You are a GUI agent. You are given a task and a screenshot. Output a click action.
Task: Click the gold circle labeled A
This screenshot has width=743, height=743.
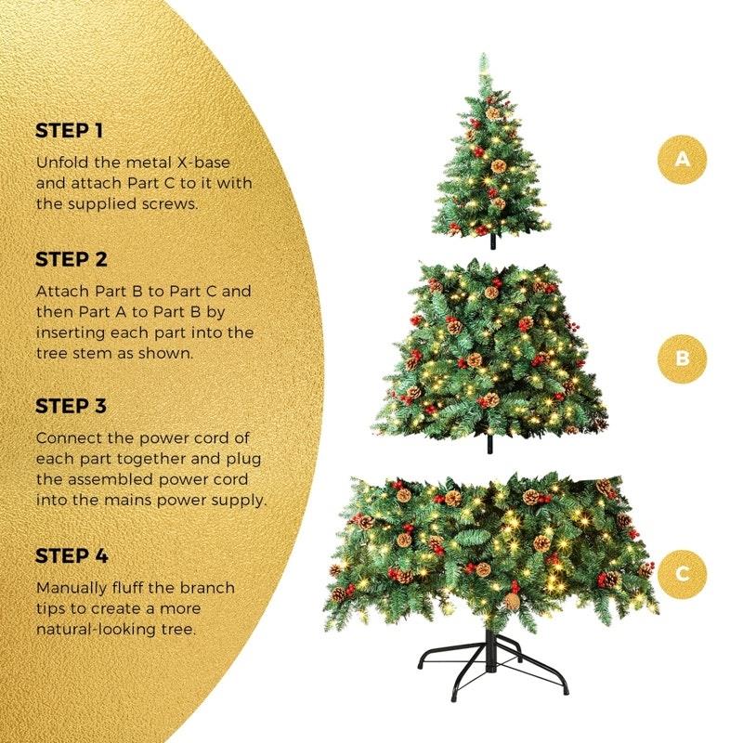click(683, 159)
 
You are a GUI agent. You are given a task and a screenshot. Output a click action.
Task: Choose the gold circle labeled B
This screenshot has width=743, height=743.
click(683, 358)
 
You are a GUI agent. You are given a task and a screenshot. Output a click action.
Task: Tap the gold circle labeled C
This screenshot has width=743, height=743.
click(683, 573)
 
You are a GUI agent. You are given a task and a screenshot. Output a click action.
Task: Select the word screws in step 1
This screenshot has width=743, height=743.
click(169, 203)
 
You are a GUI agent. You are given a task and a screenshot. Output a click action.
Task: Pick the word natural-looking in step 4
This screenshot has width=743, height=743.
click(101, 629)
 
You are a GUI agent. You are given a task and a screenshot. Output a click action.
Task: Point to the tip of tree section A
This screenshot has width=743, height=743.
click(484, 60)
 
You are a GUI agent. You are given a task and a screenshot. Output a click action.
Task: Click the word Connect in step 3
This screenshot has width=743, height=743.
click(67, 437)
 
